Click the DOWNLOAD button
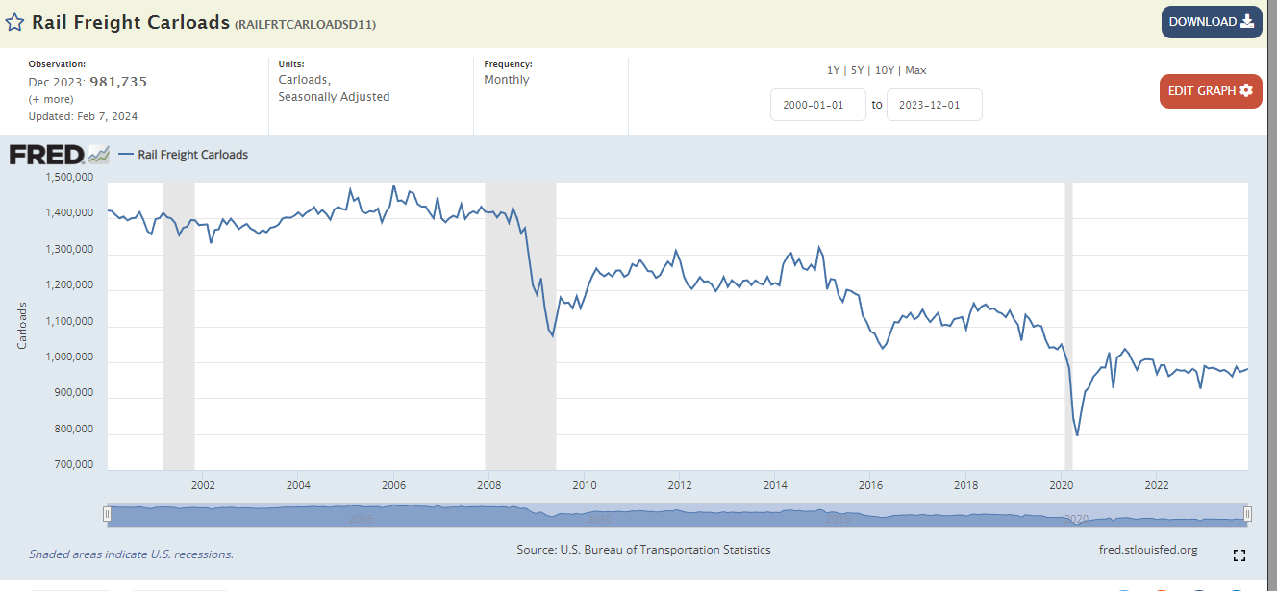click(x=1211, y=22)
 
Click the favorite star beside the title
click(x=15, y=22)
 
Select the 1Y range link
click(x=833, y=70)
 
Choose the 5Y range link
click(x=856, y=70)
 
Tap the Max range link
click(x=915, y=70)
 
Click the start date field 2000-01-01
click(x=818, y=105)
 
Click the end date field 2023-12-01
click(x=934, y=105)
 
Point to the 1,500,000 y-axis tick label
click(x=69, y=178)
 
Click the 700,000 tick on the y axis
click(x=73, y=465)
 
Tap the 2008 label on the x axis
click(x=488, y=484)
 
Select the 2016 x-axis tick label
click(x=870, y=484)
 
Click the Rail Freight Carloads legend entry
click(x=192, y=154)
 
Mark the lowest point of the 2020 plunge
click(x=1077, y=435)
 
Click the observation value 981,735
click(x=118, y=82)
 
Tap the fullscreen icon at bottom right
click(x=1239, y=555)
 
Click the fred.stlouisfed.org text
click(x=1147, y=550)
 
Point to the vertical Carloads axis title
click(x=22, y=326)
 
